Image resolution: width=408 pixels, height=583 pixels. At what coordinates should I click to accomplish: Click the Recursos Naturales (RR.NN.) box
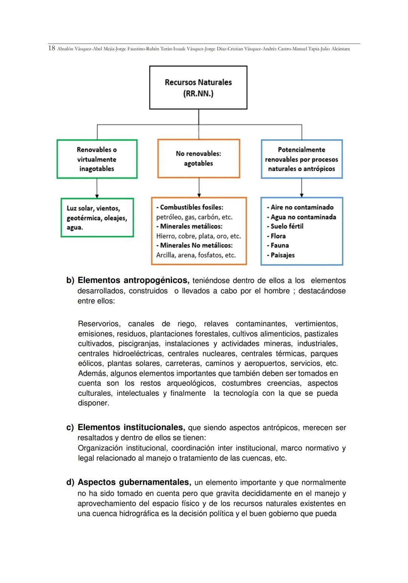point(198,88)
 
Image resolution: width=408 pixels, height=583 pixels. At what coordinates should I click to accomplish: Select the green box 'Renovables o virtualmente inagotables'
point(97,159)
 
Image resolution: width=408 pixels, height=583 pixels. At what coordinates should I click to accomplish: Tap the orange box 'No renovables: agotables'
point(198,159)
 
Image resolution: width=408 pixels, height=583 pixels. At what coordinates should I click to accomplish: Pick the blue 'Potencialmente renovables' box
point(301,159)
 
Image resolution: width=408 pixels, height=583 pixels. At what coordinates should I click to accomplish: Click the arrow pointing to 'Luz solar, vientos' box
point(97,188)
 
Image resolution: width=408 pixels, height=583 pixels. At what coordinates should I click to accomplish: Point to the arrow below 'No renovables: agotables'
point(199,187)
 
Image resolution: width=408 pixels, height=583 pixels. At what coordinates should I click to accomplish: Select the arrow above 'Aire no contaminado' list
point(301,188)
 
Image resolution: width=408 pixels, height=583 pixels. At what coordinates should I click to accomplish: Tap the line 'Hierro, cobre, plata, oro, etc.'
point(198,236)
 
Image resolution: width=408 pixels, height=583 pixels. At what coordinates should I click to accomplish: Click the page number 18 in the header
point(52,48)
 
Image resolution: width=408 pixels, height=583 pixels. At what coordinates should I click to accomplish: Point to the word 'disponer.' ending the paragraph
point(93,403)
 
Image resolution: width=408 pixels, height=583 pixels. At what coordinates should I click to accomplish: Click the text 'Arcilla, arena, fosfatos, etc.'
point(196,255)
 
